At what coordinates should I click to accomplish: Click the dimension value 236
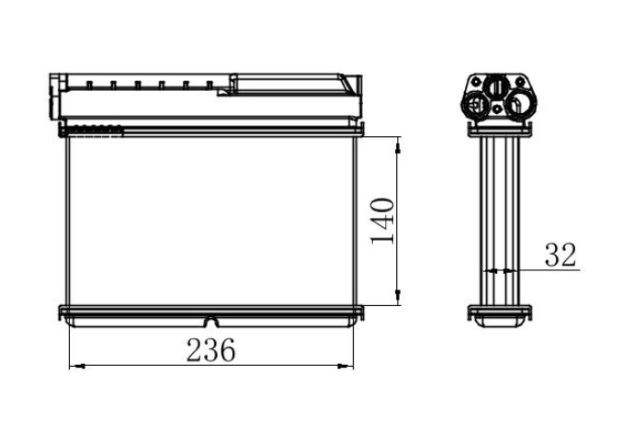click(210, 350)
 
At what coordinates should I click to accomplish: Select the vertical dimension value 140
click(382, 221)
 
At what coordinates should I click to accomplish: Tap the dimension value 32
click(560, 255)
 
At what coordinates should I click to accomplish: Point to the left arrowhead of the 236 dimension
click(77, 366)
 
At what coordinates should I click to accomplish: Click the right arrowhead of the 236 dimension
click(345, 366)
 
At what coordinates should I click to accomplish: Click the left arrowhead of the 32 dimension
click(492, 271)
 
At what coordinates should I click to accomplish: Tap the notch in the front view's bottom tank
click(211, 322)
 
